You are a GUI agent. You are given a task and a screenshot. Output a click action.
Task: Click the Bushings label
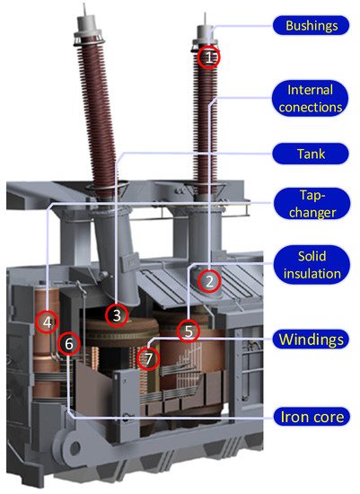point(312,25)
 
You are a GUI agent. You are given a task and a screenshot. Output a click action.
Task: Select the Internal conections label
point(311,98)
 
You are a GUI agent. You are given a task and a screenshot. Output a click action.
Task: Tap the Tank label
point(311,154)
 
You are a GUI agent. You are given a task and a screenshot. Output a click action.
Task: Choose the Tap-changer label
point(312,204)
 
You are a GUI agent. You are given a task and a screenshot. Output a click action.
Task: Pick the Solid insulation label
point(312,265)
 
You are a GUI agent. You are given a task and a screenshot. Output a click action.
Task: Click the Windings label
point(311,340)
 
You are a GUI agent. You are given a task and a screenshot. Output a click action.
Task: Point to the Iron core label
point(312,417)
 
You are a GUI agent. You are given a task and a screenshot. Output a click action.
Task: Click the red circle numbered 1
point(209,57)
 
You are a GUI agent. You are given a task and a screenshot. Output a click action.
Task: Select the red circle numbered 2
point(209,281)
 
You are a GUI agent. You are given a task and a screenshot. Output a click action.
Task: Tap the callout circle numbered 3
point(117,315)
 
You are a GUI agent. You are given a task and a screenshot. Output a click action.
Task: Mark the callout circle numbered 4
point(48,322)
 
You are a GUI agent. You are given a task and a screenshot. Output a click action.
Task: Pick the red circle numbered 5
point(189,331)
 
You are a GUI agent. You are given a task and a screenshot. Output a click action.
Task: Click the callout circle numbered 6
point(69,343)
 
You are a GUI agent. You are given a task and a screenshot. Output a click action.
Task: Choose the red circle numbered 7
point(148,358)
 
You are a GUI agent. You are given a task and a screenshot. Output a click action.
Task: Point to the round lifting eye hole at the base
point(75,447)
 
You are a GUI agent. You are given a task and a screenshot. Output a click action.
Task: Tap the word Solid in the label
point(312,256)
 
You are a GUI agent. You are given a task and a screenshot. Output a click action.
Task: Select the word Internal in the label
point(311,90)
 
